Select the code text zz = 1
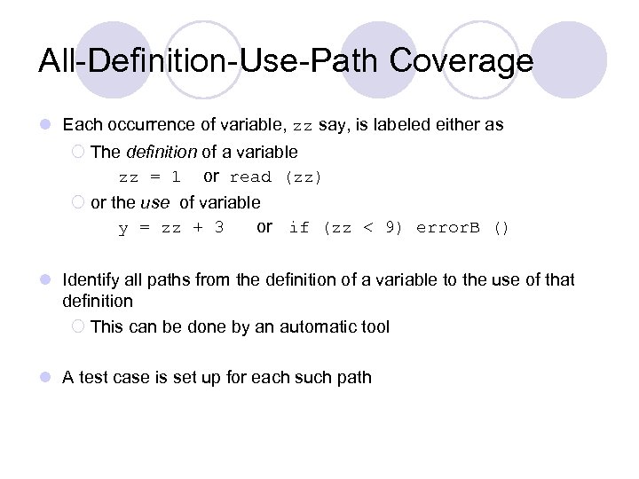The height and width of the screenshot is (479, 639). click(x=150, y=177)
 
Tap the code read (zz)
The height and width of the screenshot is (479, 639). click(x=276, y=177)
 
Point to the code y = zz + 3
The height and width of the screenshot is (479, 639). click(x=171, y=228)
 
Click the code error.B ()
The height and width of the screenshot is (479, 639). click(x=463, y=228)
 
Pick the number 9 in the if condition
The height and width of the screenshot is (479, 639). click(x=390, y=228)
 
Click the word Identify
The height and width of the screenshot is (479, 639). click(x=92, y=280)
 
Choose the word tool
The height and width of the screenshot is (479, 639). click(x=374, y=326)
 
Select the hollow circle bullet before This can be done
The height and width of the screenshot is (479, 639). click(x=78, y=326)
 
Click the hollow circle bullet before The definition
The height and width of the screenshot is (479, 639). click(x=78, y=152)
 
